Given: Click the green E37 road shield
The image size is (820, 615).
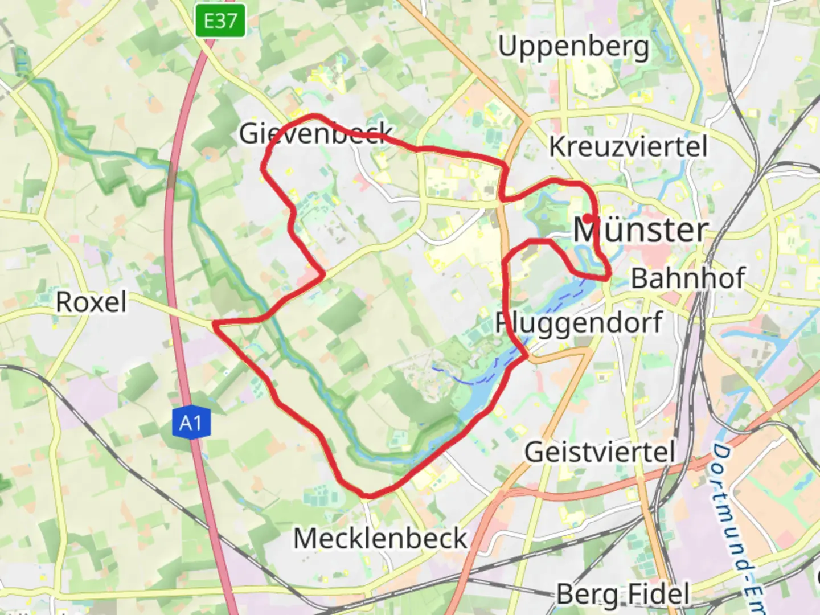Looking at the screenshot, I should tap(220, 21).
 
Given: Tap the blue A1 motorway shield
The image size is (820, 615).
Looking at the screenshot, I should tap(191, 423).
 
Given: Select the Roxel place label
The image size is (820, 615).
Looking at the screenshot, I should tap(91, 302).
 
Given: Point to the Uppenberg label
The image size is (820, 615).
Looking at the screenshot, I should tap(573, 47).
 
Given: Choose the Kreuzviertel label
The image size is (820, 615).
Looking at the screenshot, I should tap(628, 146).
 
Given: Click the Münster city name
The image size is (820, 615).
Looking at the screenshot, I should tap(641, 230).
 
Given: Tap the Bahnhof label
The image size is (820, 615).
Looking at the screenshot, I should tap(688, 278).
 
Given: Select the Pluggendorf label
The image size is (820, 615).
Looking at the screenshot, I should tap(579, 323).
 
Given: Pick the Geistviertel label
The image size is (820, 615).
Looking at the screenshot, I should tap(600, 452).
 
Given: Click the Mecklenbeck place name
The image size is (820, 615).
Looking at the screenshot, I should tap(380, 538).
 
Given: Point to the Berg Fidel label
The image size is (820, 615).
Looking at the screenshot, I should tap(623, 594).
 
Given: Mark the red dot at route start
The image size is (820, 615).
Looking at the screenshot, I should tap(587, 218).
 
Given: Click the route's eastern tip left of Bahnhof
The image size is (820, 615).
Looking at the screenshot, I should tap(609, 277).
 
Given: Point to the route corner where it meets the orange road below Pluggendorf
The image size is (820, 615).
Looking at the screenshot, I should tap(527, 356).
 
